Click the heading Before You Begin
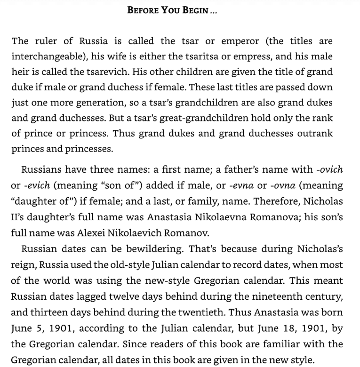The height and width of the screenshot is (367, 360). coord(172,10)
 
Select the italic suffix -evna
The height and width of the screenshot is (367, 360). coord(242,185)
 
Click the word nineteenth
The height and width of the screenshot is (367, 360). coord(286,297)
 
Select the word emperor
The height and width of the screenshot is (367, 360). coord(240,41)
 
